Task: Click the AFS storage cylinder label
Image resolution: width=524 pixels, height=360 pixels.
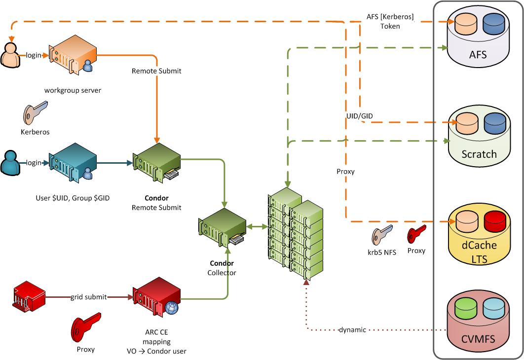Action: coord(478,54)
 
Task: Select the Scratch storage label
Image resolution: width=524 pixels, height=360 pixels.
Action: coord(479,154)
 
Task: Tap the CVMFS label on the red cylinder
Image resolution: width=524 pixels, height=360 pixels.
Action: coord(478,339)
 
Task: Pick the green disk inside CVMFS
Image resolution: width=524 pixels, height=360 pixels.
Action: coord(464,308)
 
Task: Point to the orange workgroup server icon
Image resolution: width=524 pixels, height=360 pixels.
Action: coord(72,57)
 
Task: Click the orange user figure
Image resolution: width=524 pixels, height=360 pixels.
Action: coord(9,56)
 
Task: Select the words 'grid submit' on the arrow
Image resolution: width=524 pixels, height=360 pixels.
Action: coord(88,297)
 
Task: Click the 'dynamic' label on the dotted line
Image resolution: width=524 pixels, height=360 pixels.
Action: coord(352,329)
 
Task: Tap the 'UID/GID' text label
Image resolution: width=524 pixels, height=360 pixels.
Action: coord(359,115)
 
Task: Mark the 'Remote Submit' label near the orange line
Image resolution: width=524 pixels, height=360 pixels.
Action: coord(156,71)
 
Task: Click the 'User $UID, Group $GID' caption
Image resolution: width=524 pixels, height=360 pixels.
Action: coord(72,198)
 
